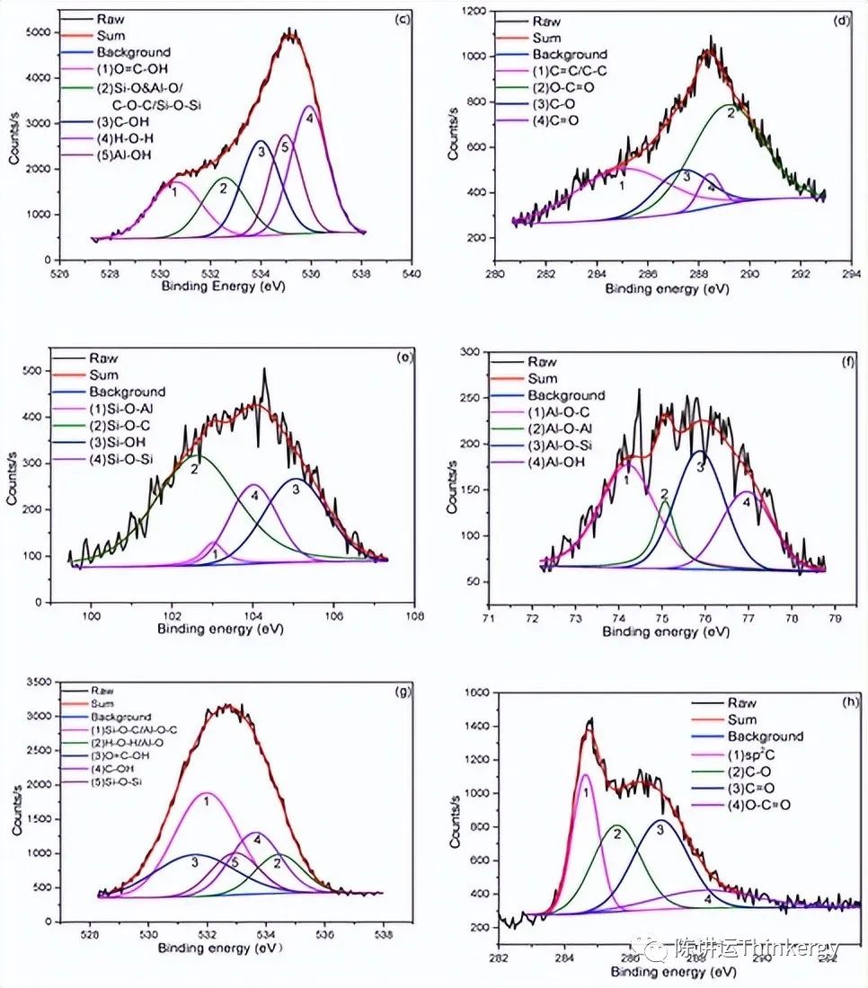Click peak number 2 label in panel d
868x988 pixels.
[x=731, y=113]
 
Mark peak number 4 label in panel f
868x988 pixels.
[x=745, y=503]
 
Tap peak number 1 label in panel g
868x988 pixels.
[x=206, y=800]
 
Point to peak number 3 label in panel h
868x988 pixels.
[x=660, y=830]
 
